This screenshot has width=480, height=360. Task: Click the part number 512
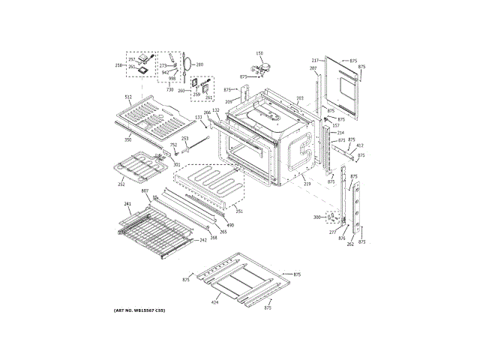point(128,98)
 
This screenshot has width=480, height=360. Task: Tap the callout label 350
point(128,139)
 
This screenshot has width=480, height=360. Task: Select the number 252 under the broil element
point(121,183)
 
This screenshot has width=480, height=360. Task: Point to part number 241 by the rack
point(127,204)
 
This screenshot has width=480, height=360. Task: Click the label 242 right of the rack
point(202,241)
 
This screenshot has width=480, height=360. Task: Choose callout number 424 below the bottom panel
point(214,301)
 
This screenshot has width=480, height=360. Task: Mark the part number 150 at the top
point(260,53)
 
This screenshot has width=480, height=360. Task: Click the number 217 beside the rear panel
point(316,60)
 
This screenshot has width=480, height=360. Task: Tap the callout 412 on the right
point(360,145)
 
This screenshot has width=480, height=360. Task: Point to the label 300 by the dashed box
point(317,217)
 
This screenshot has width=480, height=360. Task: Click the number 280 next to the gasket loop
point(199,65)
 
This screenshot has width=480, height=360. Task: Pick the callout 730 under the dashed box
point(170,89)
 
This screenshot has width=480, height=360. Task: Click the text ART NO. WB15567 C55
point(139,310)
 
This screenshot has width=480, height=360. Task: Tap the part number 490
point(230,225)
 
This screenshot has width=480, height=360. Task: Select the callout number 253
point(184,139)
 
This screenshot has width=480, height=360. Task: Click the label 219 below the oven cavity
point(307,183)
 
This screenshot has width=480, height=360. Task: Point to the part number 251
point(239,211)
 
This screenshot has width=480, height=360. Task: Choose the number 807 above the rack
point(145,192)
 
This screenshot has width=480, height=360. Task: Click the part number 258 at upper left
point(118,66)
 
